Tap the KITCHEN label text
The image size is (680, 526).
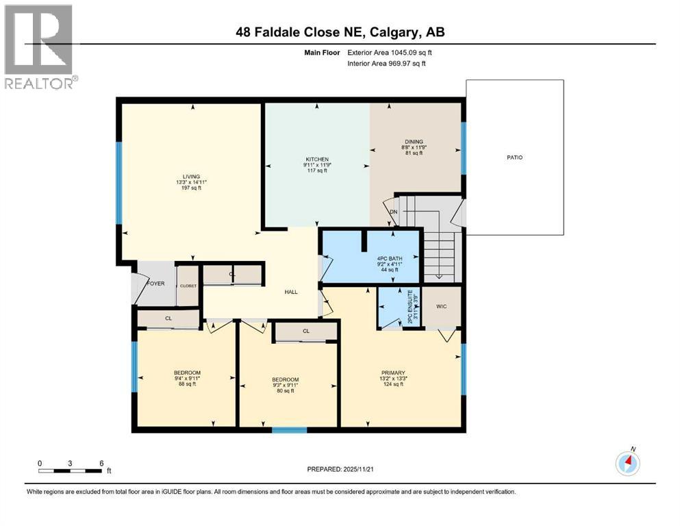317,159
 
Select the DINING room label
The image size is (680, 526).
416,142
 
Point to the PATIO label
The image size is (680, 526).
515,158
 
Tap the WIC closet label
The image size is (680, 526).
442,306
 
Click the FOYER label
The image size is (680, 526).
155,283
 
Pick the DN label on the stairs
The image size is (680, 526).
394,212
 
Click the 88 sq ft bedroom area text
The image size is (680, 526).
187,384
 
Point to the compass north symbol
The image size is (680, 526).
627,464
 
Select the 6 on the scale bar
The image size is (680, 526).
101,463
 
